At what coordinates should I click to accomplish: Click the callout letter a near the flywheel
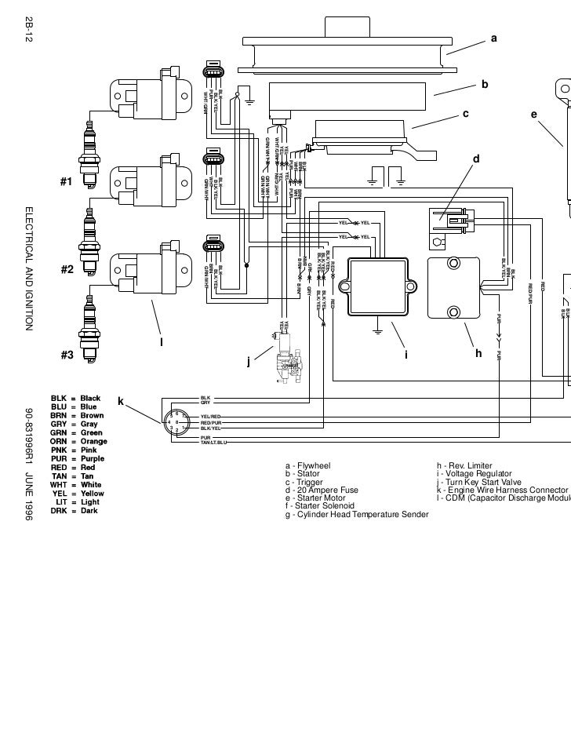(493, 38)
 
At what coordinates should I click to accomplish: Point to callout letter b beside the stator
(485, 83)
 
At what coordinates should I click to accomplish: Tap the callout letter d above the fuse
(475, 159)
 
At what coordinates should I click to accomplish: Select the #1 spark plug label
(67, 182)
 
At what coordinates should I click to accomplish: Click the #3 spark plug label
(67, 355)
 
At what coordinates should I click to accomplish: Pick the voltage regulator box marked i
(379, 287)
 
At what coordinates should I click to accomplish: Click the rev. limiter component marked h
(454, 289)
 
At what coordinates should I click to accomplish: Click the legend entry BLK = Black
(75, 399)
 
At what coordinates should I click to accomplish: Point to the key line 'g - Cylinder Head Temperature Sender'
(356, 514)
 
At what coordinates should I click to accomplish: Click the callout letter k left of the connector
(122, 401)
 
